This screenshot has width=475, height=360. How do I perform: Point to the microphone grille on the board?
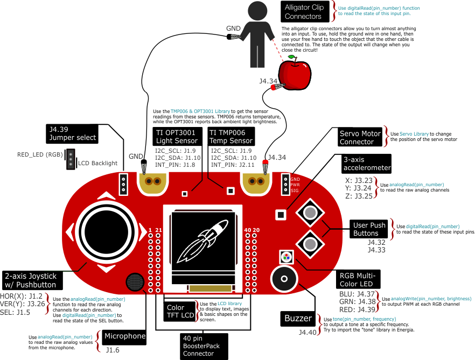click(x=136, y=282)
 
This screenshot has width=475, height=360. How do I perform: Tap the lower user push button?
click(x=310, y=244)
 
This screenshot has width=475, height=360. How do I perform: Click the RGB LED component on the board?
click(x=285, y=256)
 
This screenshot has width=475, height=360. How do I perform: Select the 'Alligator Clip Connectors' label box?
click(x=304, y=12)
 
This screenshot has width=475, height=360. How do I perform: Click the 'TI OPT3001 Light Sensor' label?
click(x=176, y=137)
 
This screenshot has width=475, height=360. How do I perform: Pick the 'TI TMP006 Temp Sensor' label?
click(x=230, y=137)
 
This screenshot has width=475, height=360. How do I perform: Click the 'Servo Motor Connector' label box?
click(x=360, y=138)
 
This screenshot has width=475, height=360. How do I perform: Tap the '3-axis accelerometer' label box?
click(x=366, y=164)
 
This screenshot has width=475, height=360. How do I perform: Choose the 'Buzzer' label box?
click(x=298, y=319)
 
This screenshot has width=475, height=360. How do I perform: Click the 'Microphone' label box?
click(x=124, y=336)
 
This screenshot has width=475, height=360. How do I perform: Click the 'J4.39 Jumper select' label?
click(x=72, y=133)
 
